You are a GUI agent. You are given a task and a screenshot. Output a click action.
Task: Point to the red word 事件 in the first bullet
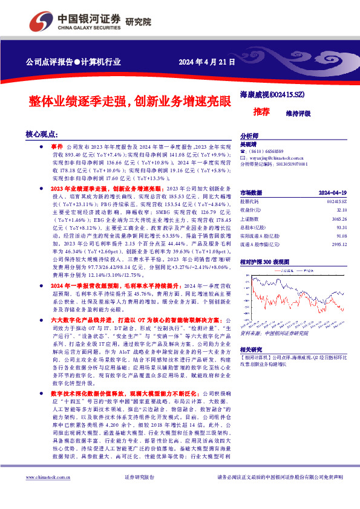pyautogui.click(x=57, y=147)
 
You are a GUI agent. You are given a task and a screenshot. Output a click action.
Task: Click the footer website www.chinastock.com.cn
pyautogui.click(x=47, y=494)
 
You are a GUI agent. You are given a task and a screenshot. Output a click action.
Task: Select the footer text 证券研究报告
pyautogui.click(x=139, y=494)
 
